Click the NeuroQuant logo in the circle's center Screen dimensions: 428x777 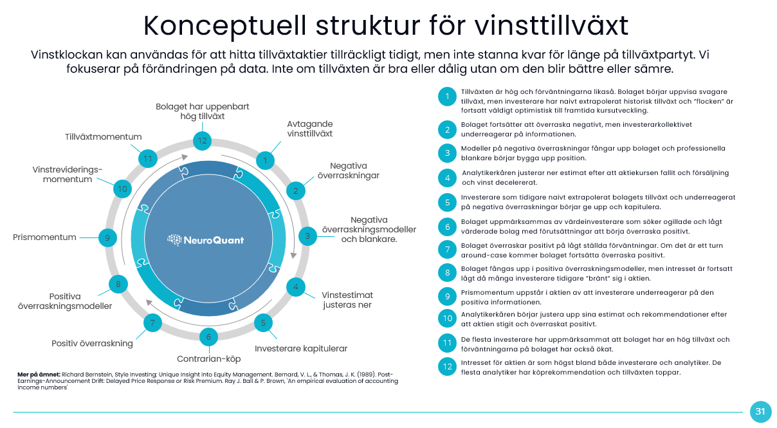(206, 240)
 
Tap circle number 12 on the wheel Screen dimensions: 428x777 (203, 141)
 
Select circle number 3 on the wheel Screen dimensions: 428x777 (307, 236)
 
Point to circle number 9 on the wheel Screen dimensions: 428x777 (107, 237)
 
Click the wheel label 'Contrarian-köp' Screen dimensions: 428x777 (208, 358)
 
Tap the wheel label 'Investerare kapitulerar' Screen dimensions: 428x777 (301, 348)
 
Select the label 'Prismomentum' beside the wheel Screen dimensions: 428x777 (44, 237)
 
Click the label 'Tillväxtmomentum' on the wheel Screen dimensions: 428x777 (103, 136)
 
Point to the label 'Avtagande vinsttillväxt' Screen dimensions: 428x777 (309, 129)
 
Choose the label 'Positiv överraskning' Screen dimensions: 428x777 (92, 343)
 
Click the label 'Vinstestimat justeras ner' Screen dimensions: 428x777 (347, 300)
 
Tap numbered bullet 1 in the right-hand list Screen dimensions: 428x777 (446, 97)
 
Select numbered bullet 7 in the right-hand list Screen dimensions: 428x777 (446, 249)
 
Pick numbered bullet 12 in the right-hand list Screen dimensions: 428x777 (446, 368)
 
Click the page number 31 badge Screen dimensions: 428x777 (760, 411)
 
